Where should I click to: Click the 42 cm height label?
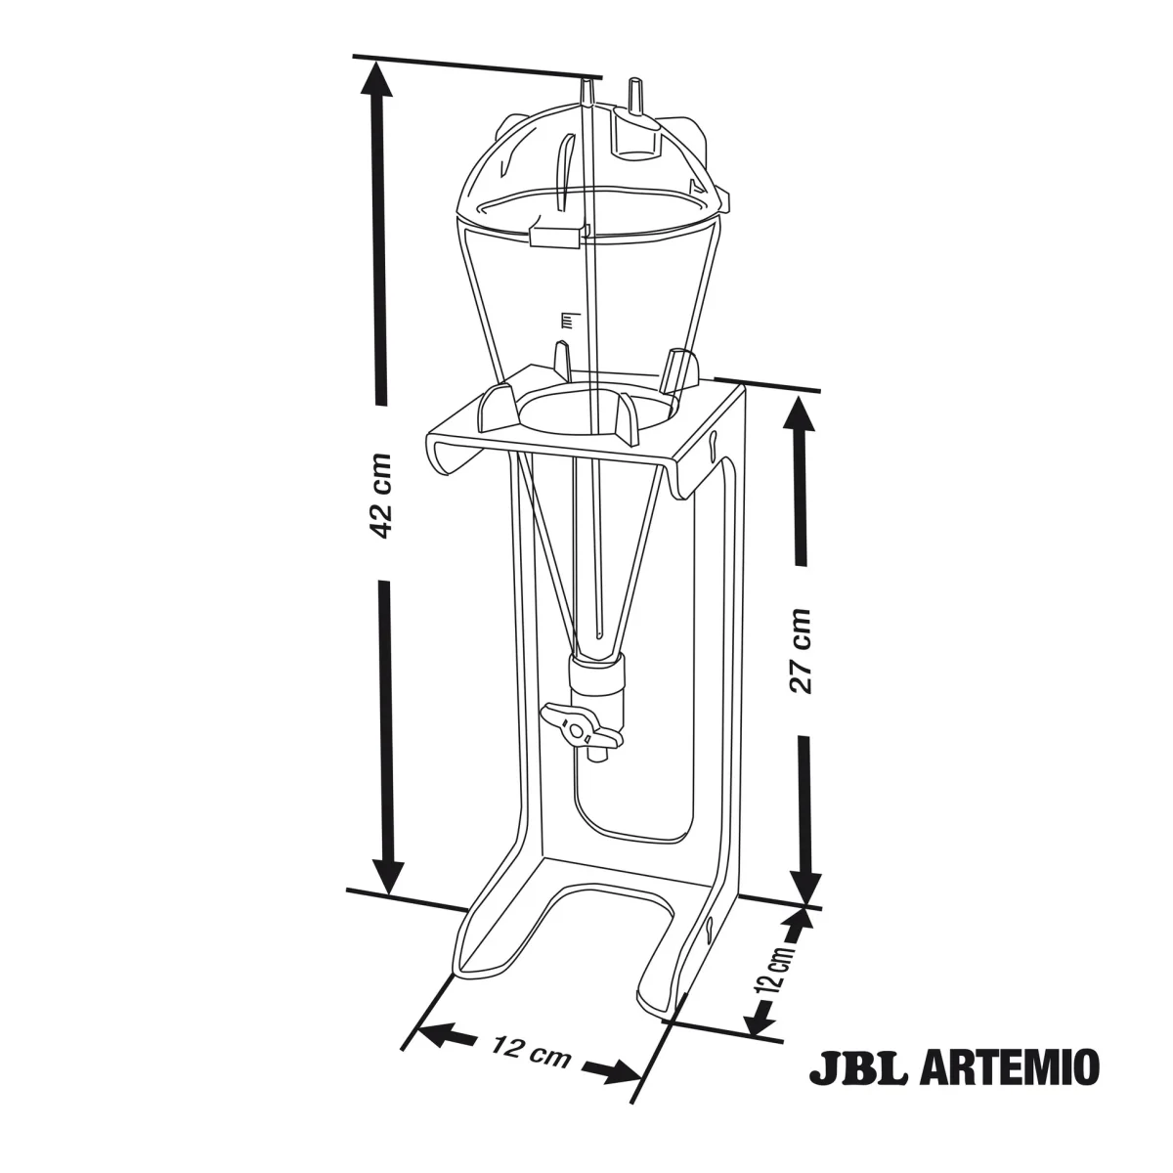(x=382, y=495)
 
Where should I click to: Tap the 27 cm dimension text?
(x=802, y=650)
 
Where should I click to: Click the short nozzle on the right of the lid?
(x=636, y=96)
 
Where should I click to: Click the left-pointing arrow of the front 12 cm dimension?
(x=430, y=1032)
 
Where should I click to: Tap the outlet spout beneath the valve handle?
(x=598, y=751)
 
